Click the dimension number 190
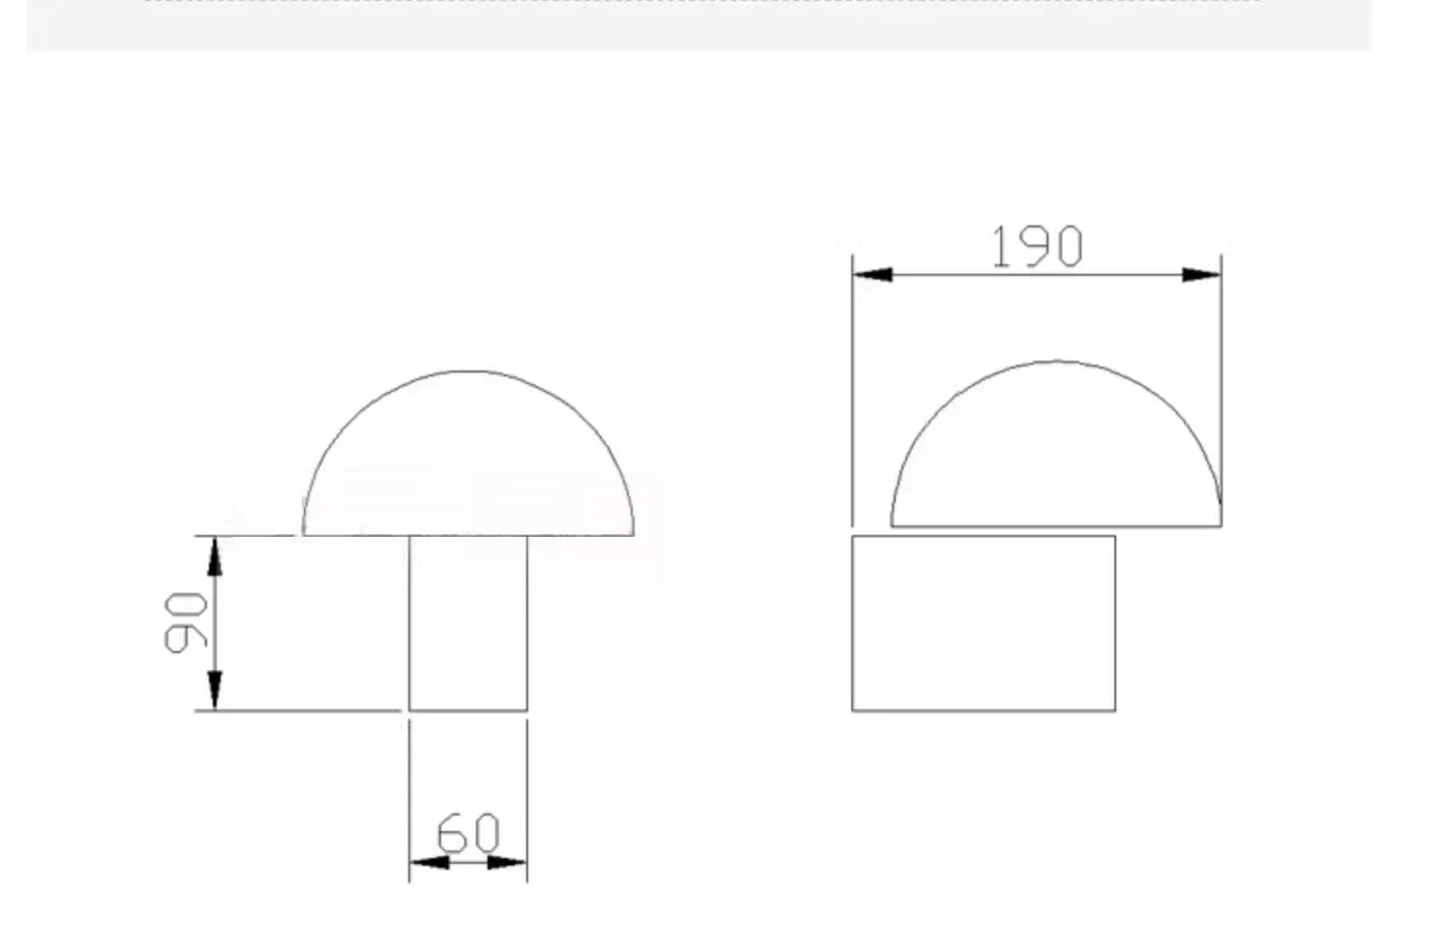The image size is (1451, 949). pyautogui.click(x=1037, y=246)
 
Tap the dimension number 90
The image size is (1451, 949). pyautogui.click(x=186, y=623)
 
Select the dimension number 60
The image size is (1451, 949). pyautogui.click(x=468, y=832)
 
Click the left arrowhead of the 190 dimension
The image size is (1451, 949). pyautogui.click(x=873, y=275)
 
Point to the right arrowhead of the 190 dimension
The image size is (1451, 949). pyautogui.click(x=1201, y=275)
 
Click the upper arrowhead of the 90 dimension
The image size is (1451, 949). pyautogui.click(x=215, y=556)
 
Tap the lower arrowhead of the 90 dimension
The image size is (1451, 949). pyautogui.click(x=215, y=691)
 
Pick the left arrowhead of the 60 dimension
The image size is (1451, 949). pyautogui.click(x=429, y=862)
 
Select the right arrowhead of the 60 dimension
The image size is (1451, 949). pyautogui.click(x=507, y=862)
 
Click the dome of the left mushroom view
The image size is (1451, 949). pyautogui.click(x=468, y=371)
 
